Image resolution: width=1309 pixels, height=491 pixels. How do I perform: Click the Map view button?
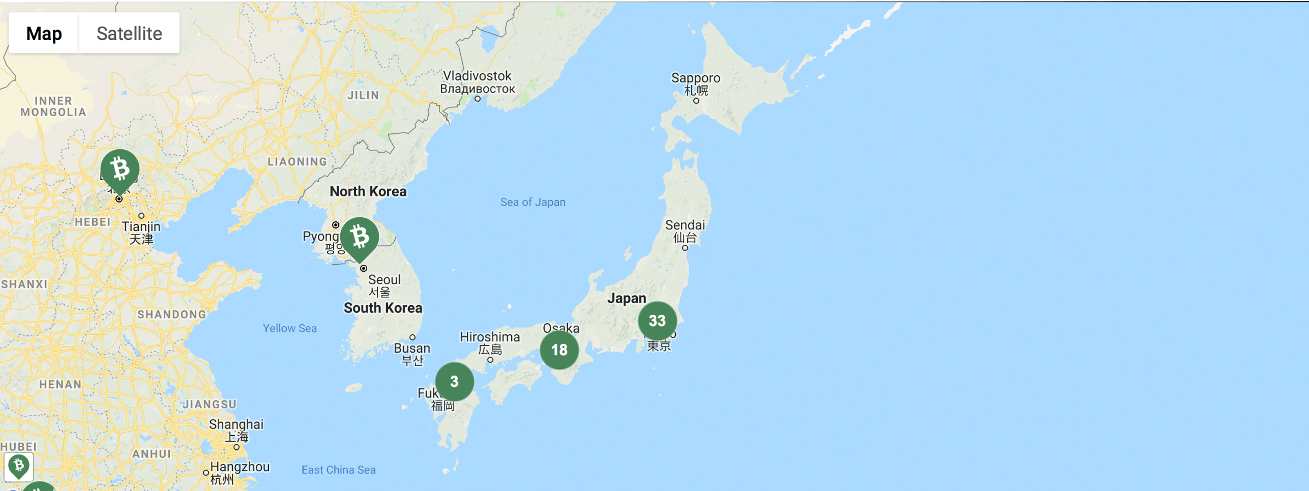[x=44, y=34]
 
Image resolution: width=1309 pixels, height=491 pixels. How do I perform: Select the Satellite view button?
[x=129, y=34]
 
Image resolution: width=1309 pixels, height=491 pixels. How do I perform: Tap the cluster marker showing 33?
[x=657, y=321]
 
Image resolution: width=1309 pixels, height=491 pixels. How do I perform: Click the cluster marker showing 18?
[x=559, y=350]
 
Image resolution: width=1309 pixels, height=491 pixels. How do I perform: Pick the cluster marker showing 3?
[x=454, y=381]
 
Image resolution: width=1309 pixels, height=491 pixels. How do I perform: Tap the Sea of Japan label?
[x=533, y=202]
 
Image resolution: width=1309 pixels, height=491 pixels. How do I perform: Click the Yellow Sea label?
[x=290, y=328]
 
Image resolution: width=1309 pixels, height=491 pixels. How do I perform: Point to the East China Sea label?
[x=338, y=470]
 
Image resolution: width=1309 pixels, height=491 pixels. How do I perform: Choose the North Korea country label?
[x=368, y=191]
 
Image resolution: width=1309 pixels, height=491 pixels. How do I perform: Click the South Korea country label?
[x=382, y=308]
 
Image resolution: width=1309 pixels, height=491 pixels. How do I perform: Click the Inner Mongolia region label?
[x=53, y=107]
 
